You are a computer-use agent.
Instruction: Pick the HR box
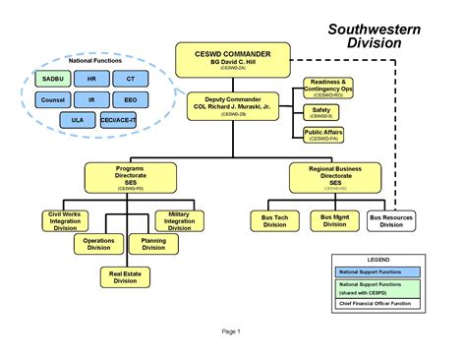[x=90, y=78]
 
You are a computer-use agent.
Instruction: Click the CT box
[x=130, y=78]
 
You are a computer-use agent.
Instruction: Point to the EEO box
[x=130, y=99]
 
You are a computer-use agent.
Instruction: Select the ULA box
[x=78, y=120]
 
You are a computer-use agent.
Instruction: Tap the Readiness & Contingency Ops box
[x=326, y=88]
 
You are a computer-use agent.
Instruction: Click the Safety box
[x=321, y=112]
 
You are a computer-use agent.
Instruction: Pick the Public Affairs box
[x=324, y=135]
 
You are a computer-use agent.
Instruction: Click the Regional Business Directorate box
[x=335, y=177]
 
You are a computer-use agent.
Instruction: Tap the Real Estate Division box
[x=125, y=277]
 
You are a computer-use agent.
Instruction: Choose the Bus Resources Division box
[x=391, y=220]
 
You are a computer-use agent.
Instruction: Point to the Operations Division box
[x=98, y=243]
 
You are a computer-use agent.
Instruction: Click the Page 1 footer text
[x=231, y=331]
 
